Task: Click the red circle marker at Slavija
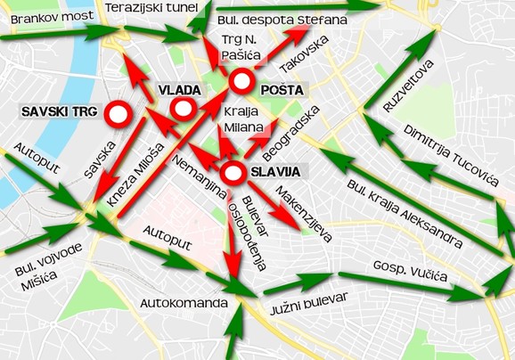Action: (233, 173)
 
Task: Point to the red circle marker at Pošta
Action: (241, 83)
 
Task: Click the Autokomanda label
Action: (184, 304)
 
